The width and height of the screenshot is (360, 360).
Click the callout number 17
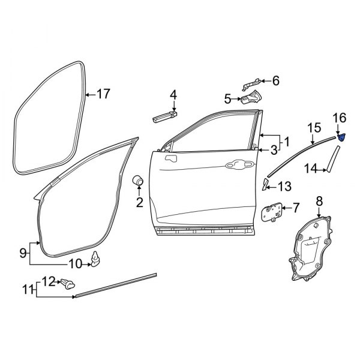pos(103,94)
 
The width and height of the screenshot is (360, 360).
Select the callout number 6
pos(275,80)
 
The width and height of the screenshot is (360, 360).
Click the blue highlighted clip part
pos(341,137)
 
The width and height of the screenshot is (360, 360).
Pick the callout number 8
pos(319,201)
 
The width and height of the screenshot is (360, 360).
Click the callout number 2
pos(139,203)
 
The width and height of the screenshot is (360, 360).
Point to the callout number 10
pos(75,263)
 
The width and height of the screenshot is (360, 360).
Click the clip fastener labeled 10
pos(96,259)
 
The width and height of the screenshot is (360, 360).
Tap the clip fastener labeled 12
pos(68,283)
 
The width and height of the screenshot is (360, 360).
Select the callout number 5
pos(228,98)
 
